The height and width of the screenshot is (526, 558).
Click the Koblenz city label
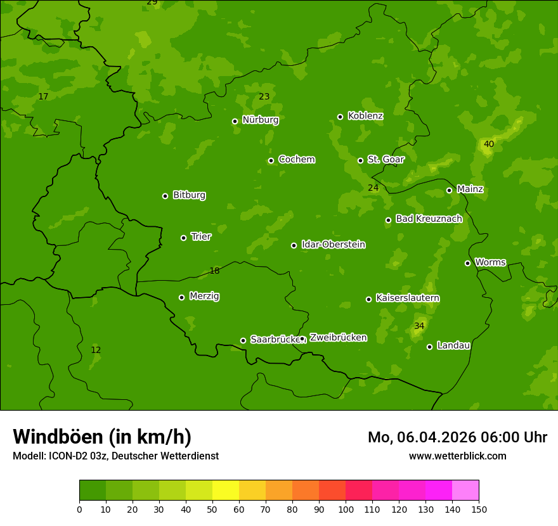coord(365,116)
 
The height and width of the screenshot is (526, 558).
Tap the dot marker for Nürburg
coord(235,121)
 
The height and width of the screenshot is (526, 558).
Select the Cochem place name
coord(296,160)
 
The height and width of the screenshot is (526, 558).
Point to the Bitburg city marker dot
coord(165,196)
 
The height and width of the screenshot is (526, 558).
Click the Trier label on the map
coord(201,237)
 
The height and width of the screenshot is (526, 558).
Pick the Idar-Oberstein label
coord(333,245)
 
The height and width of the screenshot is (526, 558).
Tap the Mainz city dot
coord(449,190)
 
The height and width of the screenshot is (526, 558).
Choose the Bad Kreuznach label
coord(429,219)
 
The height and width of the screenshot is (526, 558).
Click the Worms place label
coord(490,262)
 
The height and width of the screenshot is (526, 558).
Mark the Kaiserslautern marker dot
coord(368,299)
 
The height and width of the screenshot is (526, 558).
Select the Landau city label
coord(453,346)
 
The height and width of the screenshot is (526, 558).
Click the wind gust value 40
coord(489,144)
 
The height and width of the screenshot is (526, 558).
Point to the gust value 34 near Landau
coord(419,326)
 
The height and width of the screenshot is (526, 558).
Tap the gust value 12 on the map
coord(96,350)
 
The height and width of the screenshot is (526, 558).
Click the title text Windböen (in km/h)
coord(102,437)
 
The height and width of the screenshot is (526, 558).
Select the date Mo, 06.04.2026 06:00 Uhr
coord(457,437)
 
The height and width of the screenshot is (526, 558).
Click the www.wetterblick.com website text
coord(457,456)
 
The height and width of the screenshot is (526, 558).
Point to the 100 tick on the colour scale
coord(346,509)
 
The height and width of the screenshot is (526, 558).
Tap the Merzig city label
coord(204,297)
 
